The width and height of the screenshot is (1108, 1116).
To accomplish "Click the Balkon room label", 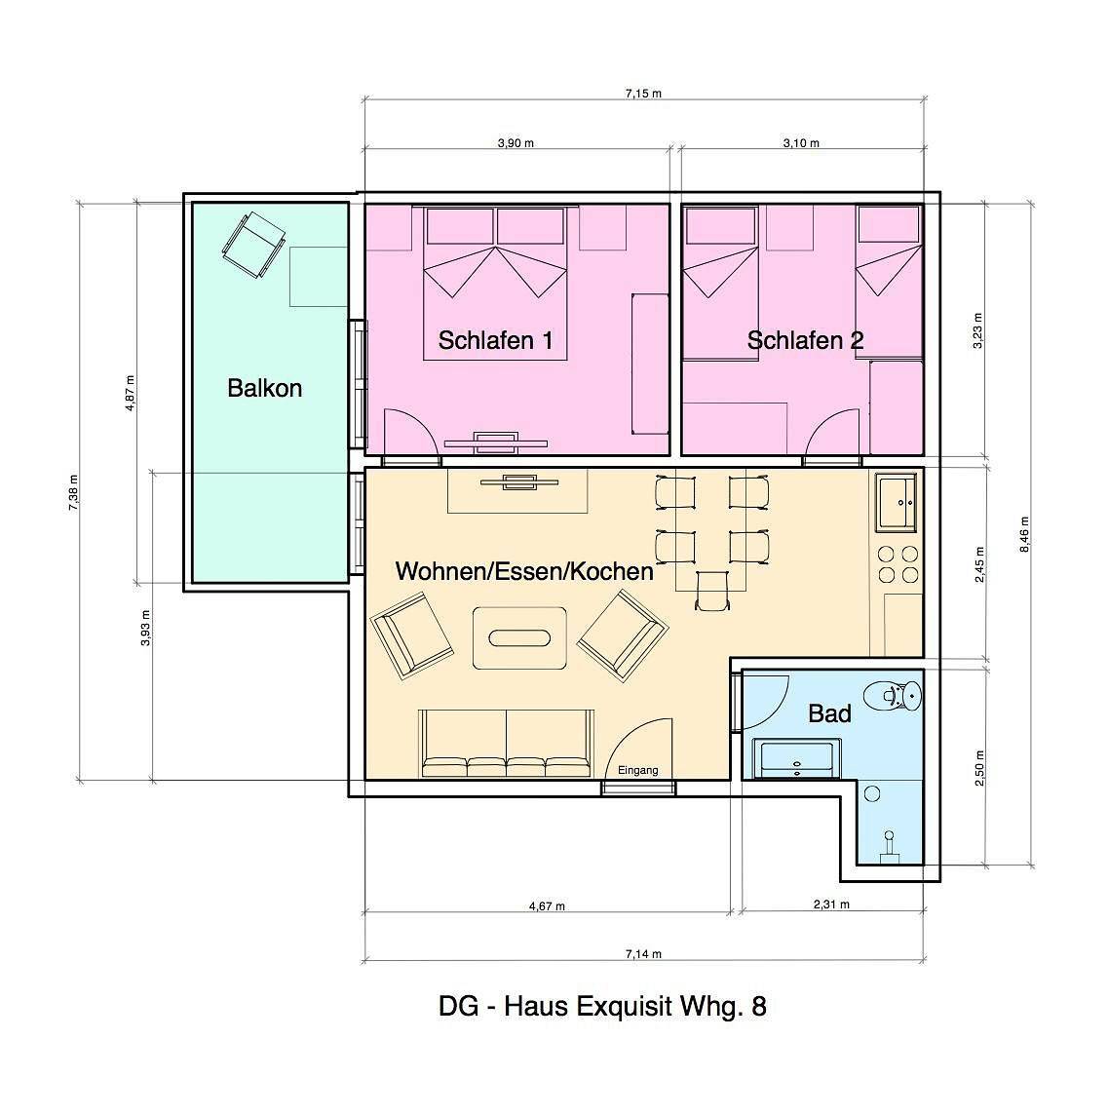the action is point(265,388).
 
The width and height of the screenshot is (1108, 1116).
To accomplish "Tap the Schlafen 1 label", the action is point(495,340).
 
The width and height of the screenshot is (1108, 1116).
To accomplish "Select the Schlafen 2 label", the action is point(805,340).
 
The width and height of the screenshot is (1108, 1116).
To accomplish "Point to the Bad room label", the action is point(829,713).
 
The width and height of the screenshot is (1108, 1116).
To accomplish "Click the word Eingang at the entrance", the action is point(637,770).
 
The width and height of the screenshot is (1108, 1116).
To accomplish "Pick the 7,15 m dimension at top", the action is point(643,94).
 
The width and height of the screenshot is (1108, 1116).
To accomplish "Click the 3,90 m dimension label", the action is point(516,143).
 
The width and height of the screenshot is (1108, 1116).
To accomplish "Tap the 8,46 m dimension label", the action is point(1025,534).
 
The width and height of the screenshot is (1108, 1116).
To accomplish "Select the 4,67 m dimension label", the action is point(548,906).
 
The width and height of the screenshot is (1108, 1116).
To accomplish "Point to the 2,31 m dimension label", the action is point(831,904).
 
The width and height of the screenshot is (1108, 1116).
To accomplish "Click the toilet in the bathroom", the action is point(893,694).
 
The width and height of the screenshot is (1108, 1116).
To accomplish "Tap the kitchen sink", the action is point(897,503).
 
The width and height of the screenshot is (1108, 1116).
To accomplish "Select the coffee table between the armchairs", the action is point(520,637).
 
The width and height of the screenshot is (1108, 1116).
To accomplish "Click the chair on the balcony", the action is point(253,245).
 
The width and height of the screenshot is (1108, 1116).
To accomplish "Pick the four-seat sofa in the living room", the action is point(506,744).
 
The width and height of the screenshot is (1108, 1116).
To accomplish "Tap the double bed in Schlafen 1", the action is point(495,284).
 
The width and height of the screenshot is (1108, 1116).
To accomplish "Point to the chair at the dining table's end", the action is point(711,591).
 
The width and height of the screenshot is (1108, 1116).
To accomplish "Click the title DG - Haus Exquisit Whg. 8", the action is point(603,1007).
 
